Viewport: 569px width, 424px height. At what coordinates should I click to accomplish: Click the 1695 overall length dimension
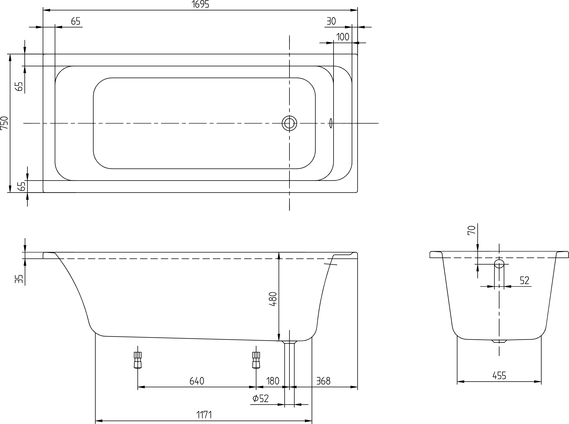200,4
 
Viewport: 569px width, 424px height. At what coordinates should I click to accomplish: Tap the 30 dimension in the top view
331,21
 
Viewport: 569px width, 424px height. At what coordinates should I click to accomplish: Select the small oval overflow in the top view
331,123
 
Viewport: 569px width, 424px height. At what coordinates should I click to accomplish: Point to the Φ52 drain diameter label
260,399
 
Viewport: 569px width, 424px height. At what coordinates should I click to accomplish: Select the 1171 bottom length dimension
204,415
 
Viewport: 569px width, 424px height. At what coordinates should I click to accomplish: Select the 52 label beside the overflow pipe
525,280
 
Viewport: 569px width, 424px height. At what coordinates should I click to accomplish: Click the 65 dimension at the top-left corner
76,21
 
